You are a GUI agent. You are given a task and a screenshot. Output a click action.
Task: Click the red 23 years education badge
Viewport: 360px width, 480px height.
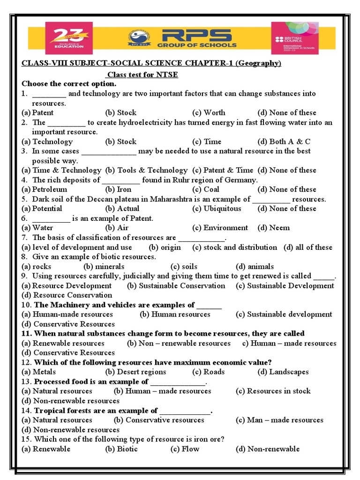tap(69, 39)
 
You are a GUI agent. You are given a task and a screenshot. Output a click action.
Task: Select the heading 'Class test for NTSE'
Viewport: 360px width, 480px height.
tap(142, 75)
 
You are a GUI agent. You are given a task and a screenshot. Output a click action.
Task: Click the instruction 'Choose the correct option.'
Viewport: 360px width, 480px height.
tap(69, 83)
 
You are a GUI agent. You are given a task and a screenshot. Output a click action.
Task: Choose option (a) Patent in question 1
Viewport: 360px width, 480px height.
tap(37, 112)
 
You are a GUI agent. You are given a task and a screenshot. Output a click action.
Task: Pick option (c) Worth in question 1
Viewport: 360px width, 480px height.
tap(209, 112)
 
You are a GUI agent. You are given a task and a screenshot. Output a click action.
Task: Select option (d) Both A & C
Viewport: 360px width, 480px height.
tap(284, 142)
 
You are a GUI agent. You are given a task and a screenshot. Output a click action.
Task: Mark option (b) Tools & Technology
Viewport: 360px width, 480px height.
tap(146, 170)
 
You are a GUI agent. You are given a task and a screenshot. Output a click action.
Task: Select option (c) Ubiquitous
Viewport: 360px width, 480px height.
tap(217, 209)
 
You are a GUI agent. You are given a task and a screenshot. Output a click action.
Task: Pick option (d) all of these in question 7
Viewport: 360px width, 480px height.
tap(307, 247)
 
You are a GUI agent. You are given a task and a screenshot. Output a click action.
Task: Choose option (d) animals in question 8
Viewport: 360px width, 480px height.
tap(255, 266)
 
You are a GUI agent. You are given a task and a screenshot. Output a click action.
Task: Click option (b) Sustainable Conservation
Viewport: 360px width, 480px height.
tap(176, 285)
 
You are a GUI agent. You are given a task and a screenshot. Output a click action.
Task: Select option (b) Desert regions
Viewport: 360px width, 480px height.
tap(135, 372)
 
